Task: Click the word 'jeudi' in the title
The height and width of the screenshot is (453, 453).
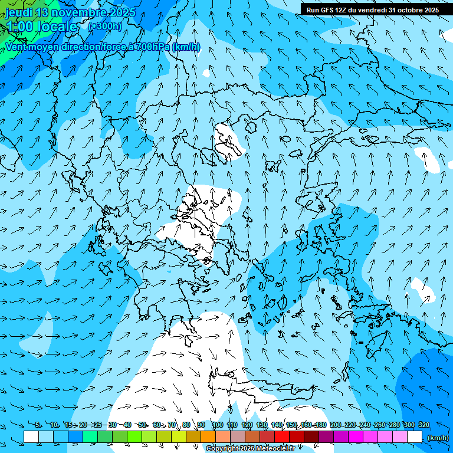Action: [x=19, y=12]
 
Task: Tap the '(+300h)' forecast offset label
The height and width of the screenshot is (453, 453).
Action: [x=104, y=26]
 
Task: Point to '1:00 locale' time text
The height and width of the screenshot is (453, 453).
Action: [x=41, y=27]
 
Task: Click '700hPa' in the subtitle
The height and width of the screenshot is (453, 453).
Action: [x=153, y=47]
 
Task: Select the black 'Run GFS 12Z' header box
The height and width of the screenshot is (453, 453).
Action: [x=372, y=9]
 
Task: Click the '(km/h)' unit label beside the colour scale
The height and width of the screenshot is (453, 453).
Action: [x=437, y=438]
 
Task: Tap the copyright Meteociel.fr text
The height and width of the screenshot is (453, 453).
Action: [x=251, y=449]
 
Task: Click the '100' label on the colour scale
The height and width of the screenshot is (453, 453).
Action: [x=217, y=425]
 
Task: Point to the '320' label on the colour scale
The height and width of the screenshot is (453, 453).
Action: [x=424, y=425]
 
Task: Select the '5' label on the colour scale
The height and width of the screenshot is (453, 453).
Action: [x=38, y=425]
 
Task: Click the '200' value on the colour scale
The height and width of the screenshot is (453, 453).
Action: [x=336, y=425]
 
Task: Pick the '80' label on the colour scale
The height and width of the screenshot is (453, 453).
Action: [x=186, y=425]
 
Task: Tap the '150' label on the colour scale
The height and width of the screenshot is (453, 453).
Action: [x=291, y=425]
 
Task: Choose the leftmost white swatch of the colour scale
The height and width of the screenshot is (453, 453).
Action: [x=31, y=437]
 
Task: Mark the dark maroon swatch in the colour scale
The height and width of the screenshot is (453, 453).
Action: [x=311, y=437]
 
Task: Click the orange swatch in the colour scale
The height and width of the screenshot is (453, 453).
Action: [x=208, y=437]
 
